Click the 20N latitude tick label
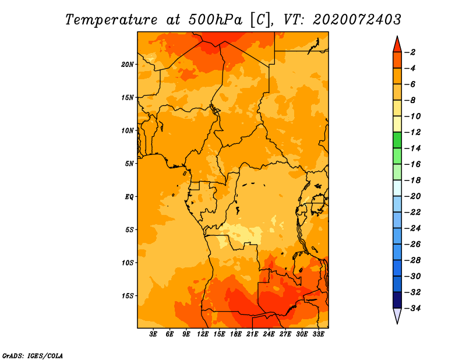click(127, 65)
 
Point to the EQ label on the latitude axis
click(129, 197)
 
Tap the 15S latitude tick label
click(127, 296)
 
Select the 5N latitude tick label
click(129, 164)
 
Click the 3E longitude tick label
click(153, 334)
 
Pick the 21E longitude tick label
click(252, 334)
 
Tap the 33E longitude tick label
click(318, 334)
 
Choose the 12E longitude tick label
click(202, 334)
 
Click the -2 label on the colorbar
click(410, 52)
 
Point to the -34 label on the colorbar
click(412, 308)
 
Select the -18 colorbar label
click(412, 180)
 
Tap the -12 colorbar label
click(412, 132)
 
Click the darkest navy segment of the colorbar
click(397, 300)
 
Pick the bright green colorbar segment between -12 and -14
click(397, 140)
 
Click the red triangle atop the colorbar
click(397, 45)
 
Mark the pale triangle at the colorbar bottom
click(397, 315)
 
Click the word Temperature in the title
click(111, 20)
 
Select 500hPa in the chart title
click(216, 20)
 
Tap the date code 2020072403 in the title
click(357, 20)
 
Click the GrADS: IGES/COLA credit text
click(33, 355)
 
